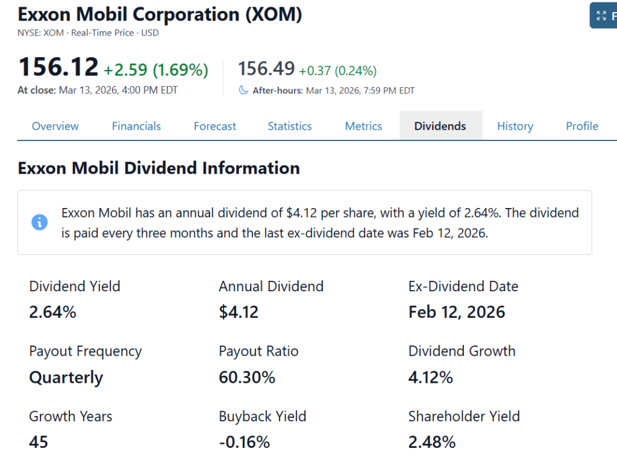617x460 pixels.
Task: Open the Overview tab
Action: coord(55,126)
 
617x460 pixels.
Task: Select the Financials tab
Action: coord(136,126)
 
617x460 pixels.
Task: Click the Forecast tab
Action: coord(215,126)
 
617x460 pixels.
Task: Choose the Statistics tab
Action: coord(290,126)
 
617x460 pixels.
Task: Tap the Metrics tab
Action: coord(363,126)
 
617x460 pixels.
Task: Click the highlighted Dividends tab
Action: coord(440,126)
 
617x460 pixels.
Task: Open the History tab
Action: coord(515,126)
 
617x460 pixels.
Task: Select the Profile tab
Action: coord(582,126)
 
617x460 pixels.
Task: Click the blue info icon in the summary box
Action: coord(40,222)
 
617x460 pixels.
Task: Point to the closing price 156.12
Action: coord(58,67)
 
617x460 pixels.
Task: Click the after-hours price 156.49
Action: coord(266,69)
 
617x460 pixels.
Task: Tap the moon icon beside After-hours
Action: coord(243,90)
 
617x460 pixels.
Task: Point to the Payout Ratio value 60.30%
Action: coord(247,377)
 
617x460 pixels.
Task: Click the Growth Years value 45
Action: coord(39,442)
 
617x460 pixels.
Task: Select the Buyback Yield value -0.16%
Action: coord(244,442)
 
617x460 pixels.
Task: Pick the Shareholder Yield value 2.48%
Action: coord(432,442)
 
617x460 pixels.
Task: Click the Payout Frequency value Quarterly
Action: coord(66,377)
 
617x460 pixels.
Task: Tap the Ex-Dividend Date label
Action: coord(463,286)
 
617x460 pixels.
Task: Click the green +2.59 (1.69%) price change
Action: coord(156,70)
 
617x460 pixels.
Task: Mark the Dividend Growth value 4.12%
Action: coord(431,377)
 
